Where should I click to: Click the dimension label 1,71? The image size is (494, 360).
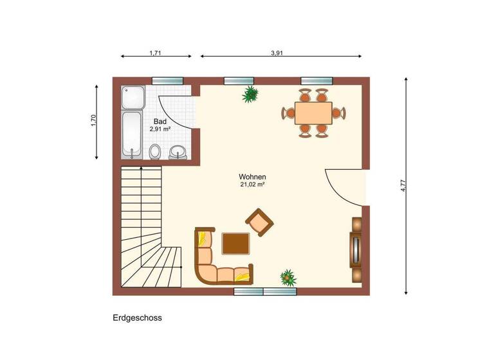[155, 53]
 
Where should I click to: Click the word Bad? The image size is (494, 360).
[160, 121]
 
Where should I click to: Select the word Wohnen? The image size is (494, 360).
[252, 177]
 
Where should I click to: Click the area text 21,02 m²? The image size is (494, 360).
[252, 184]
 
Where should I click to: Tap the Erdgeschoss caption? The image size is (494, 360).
[137, 318]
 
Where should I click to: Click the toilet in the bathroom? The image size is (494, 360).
[154, 152]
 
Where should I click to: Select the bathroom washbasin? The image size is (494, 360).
[178, 152]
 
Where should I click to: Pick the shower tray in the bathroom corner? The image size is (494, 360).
[133, 97]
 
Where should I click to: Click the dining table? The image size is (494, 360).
[313, 113]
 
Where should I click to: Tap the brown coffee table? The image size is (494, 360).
[235, 244]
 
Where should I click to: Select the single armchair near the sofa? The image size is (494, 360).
[259, 222]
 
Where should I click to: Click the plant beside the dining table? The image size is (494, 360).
[250, 94]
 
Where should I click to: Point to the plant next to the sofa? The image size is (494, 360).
[288, 278]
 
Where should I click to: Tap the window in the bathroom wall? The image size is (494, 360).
[168, 80]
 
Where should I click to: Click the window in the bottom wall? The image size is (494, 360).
[265, 291]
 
